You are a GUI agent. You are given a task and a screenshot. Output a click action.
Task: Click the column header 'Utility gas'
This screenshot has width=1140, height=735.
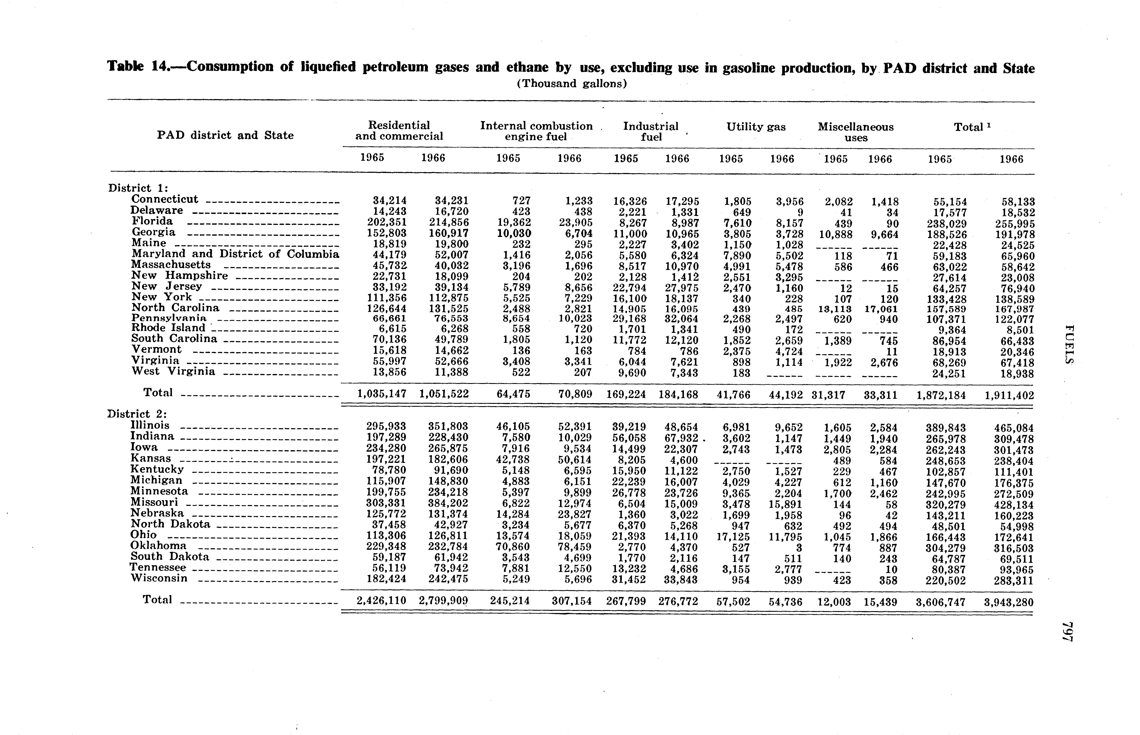pos(756,127)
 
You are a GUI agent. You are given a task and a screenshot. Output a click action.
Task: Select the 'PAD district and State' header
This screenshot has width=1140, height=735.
pos(225,135)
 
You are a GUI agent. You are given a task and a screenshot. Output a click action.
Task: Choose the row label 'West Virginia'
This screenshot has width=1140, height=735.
pos(173,371)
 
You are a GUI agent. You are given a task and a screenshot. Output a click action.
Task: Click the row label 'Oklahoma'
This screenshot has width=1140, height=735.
pos(158,545)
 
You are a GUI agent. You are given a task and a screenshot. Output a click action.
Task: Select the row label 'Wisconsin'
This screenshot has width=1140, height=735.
pos(159,579)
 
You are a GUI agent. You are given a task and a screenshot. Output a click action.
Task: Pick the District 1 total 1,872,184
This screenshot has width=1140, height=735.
pos(941,396)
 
